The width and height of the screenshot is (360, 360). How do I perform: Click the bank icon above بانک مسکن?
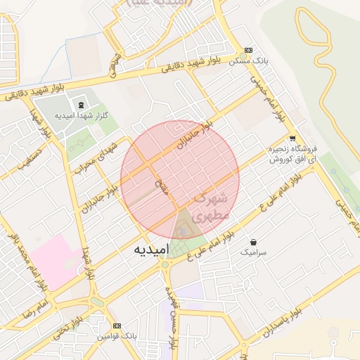coord(248,51)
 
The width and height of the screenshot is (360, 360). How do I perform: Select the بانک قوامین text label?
coord(116,337)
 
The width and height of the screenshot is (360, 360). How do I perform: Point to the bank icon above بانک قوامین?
coord(116,326)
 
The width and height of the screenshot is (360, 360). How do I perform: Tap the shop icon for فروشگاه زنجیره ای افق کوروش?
coord(292,139)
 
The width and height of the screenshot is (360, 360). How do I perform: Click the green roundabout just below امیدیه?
coord(166,266)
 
